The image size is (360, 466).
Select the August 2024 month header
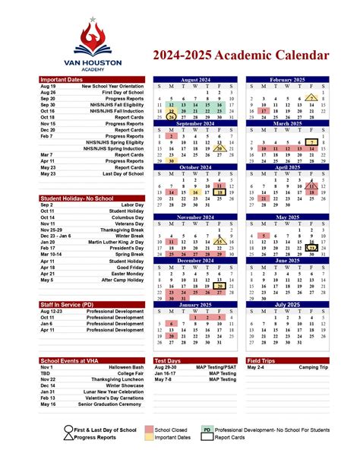pos(195,79)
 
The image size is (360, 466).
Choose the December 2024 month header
pos(195,261)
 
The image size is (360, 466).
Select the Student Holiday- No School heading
pos(77,198)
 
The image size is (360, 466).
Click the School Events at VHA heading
pos(71,360)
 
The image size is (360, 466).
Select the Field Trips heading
pos(261,360)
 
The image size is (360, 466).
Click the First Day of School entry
pos(122,93)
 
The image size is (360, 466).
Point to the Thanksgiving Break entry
pos(121,229)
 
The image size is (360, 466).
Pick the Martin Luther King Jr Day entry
pos(115,242)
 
